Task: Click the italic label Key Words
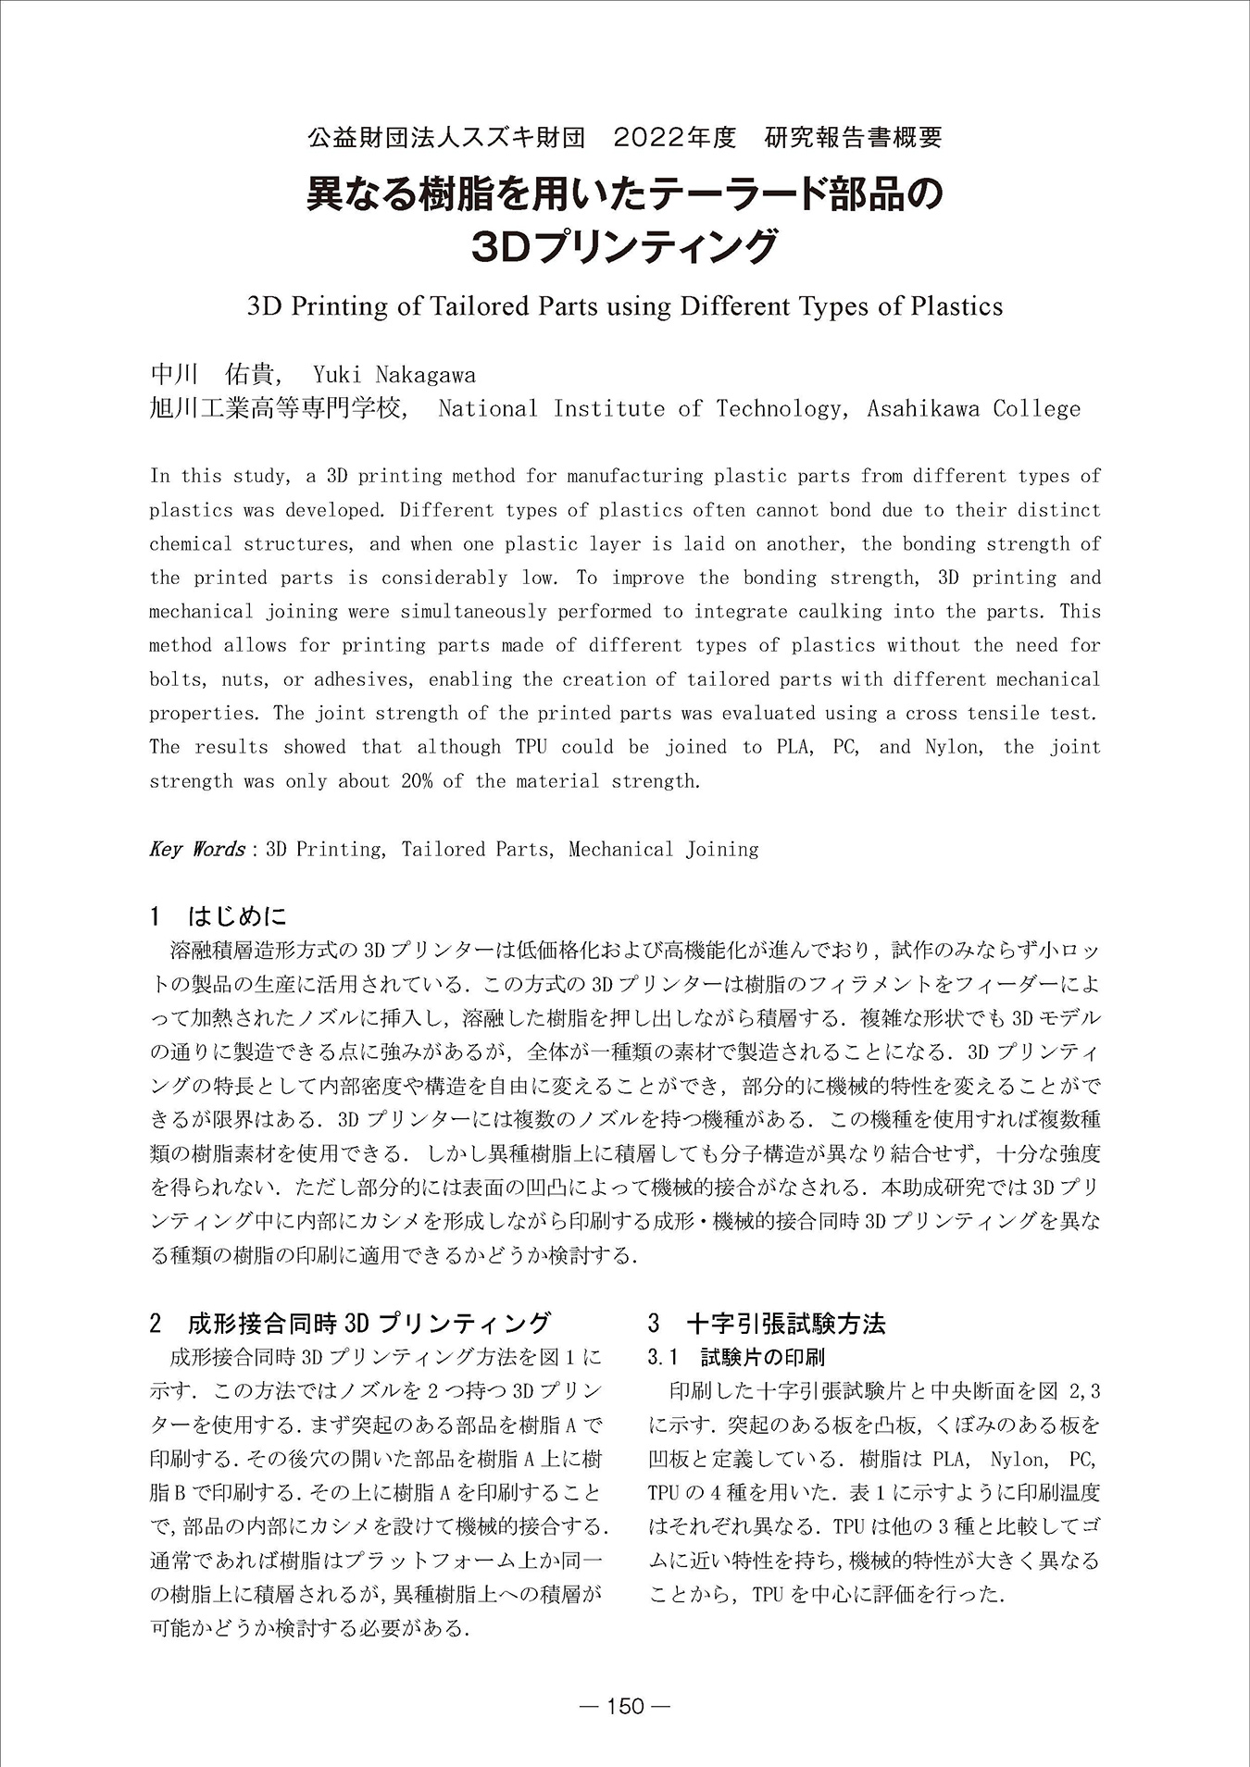coord(196,850)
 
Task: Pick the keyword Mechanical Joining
coord(663,850)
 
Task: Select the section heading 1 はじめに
coord(219,916)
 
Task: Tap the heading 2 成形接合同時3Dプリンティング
coord(351,1323)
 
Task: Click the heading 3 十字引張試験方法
coord(767,1323)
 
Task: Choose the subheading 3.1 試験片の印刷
coord(736,1357)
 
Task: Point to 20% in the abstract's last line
coord(417,781)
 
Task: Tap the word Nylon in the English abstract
coord(952,747)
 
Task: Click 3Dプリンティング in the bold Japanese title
coord(625,246)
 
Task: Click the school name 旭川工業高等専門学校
coord(277,409)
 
